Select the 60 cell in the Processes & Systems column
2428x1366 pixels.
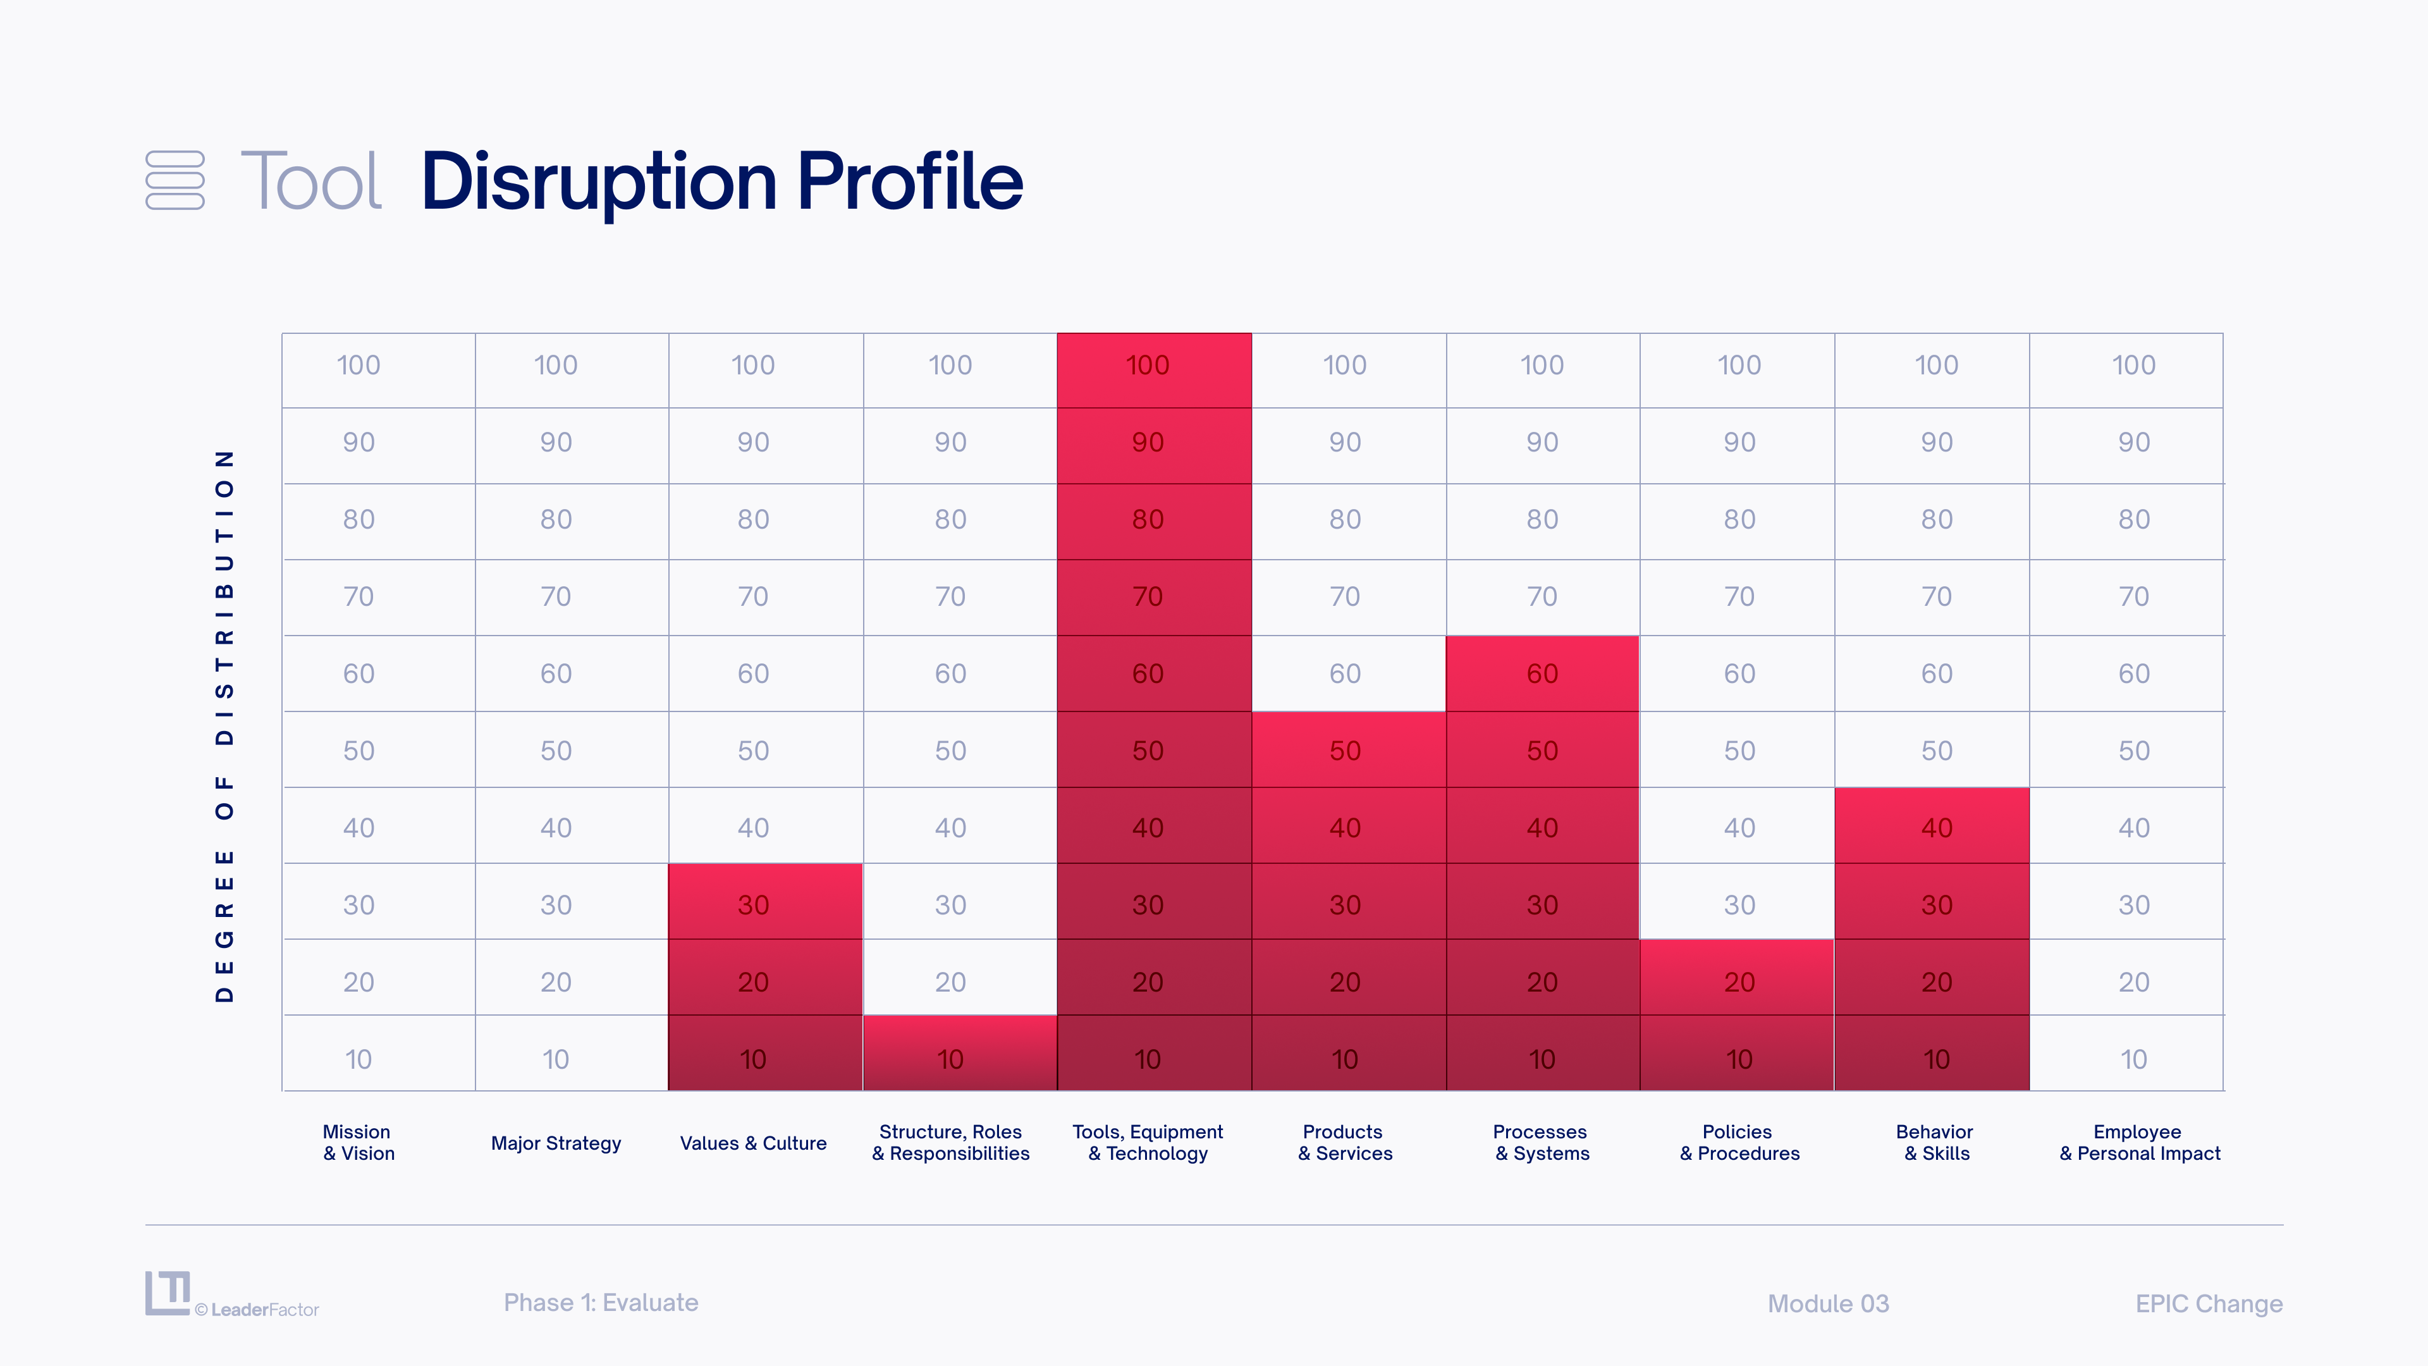1542,673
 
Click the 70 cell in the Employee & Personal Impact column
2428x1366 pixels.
2126,598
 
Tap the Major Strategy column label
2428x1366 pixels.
556,1143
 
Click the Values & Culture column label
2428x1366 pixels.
753,1143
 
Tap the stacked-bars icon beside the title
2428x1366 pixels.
175,180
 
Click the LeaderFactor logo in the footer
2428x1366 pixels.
232,1295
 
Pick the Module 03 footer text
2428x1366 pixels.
1829,1304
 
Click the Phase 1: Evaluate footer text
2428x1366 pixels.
601,1303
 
